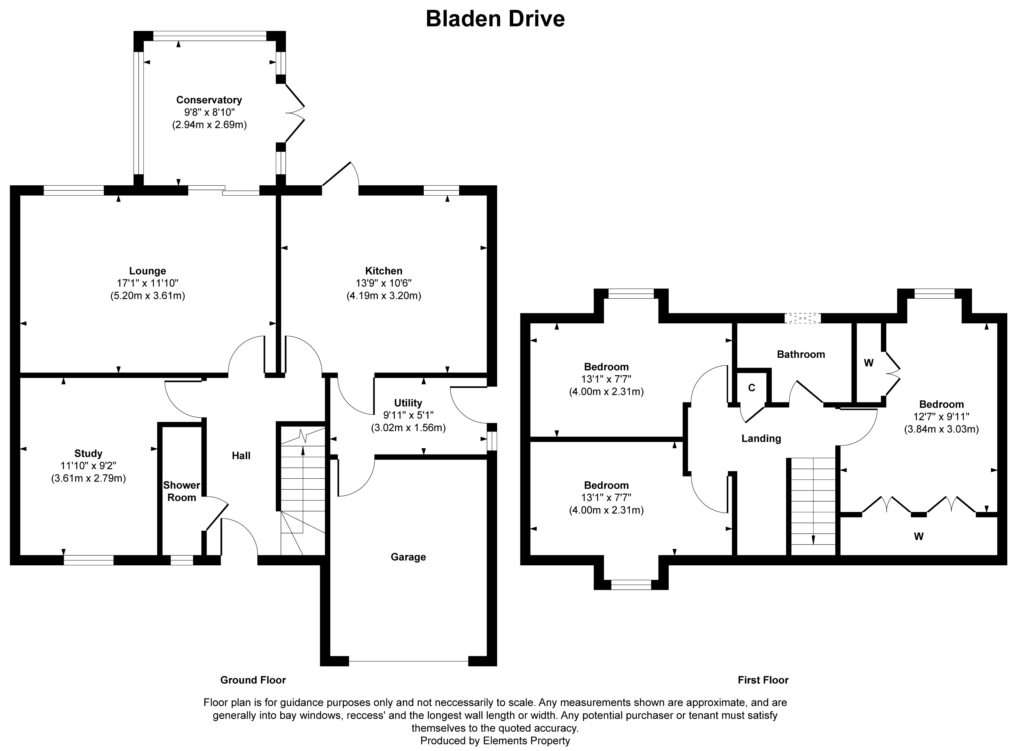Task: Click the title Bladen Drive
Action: pyautogui.click(x=495, y=19)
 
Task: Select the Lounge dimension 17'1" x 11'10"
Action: pyautogui.click(x=147, y=283)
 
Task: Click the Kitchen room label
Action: pyautogui.click(x=383, y=271)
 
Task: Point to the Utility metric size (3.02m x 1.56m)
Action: pyautogui.click(x=408, y=428)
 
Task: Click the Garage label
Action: pyautogui.click(x=408, y=557)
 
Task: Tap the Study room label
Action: pyautogui.click(x=88, y=453)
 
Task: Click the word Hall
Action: pyautogui.click(x=241, y=455)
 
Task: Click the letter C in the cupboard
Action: pyautogui.click(x=751, y=388)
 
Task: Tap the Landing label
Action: pyautogui.click(x=761, y=438)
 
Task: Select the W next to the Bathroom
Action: pyautogui.click(x=868, y=363)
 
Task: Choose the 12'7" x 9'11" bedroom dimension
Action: pyautogui.click(x=941, y=416)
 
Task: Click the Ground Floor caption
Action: pyautogui.click(x=253, y=680)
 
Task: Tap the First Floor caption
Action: pyautogui.click(x=763, y=680)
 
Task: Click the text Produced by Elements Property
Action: pyautogui.click(x=495, y=741)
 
